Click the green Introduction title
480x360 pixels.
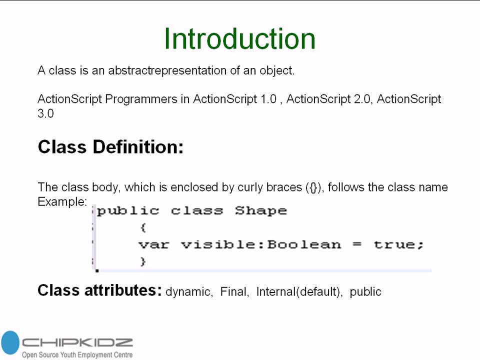[239, 38]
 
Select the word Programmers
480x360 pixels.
[140, 99]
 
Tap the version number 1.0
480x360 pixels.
[267, 99]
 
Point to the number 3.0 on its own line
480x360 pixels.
[45, 113]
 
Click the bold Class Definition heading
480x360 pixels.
[110, 147]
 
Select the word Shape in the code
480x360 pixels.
[261, 211]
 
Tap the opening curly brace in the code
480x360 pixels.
[143, 227]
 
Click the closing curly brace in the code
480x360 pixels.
[143, 261]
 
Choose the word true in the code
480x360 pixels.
[398, 244]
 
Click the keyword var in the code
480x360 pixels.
[153, 244]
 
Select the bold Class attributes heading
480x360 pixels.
[99, 290]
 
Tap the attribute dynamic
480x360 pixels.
[188, 292]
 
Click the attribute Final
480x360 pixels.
[234, 291]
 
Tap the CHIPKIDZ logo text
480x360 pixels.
[77, 343]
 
